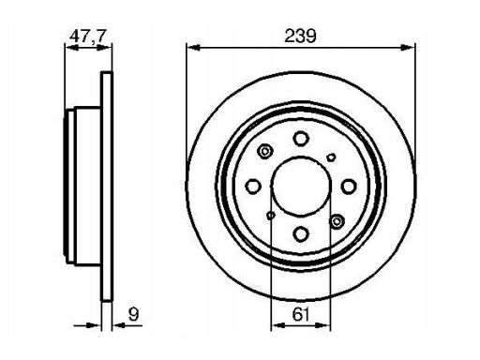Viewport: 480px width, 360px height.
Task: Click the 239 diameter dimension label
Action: pos(300,36)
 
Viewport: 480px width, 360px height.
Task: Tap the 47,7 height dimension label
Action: pos(88,36)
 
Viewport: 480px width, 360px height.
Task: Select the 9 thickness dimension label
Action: pos(133,314)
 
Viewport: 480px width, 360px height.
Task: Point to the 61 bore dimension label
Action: pos(301,314)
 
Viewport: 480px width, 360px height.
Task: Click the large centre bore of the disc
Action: pos(301,186)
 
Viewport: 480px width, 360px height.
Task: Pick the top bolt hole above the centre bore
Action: pos(301,139)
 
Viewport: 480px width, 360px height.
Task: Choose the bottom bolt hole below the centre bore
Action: pos(301,233)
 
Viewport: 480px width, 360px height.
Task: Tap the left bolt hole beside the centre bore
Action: pos(253,187)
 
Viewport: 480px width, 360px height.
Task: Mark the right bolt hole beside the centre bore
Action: pos(349,187)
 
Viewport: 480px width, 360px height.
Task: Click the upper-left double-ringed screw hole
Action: pos(264,152)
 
